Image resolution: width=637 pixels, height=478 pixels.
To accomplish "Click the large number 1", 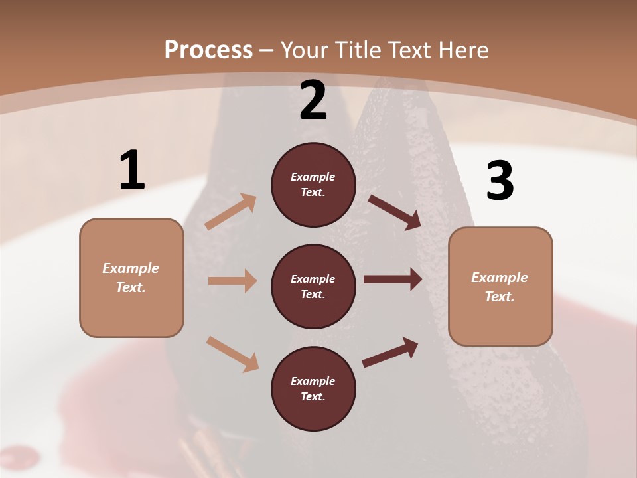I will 132,171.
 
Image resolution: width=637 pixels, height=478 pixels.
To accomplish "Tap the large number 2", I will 313,101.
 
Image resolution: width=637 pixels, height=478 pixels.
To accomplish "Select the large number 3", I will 500,181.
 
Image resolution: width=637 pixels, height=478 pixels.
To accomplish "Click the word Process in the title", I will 208,50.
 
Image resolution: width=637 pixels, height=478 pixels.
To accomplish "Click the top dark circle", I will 313,185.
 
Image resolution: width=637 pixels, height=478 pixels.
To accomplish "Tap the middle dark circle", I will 313,287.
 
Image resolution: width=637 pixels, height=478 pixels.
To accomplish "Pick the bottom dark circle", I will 313,389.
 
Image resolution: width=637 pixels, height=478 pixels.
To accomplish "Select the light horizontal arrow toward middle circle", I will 232,281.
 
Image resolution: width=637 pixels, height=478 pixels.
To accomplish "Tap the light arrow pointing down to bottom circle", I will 233,353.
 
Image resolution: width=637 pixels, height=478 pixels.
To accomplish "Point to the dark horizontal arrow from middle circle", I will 393,279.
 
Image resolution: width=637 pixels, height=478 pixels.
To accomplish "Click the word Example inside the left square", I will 131,268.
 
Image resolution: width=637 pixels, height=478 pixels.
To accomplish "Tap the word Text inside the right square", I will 499,297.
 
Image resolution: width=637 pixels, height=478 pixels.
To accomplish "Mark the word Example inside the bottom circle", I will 313,381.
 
